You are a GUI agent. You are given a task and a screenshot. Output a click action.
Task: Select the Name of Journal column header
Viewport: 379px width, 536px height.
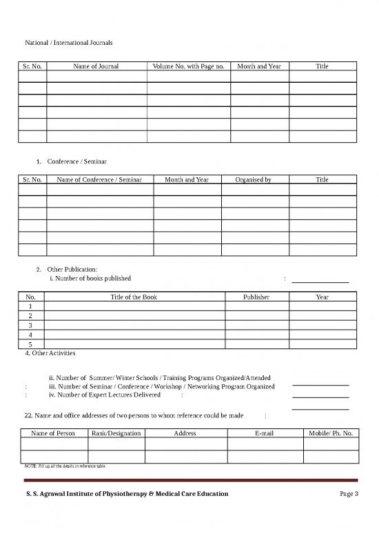tap(96, 66)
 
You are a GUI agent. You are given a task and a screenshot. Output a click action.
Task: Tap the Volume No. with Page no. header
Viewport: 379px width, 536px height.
tap(188, 66)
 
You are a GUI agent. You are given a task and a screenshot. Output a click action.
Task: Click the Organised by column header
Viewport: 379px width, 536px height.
tap(254, 179)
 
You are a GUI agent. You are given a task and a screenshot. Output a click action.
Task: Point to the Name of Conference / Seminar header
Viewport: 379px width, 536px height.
tap(99, 179)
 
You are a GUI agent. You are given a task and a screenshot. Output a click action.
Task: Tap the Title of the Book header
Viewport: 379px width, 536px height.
tap(134, 297)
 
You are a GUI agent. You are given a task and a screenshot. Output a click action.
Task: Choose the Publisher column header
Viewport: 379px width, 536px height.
tap(256, 297)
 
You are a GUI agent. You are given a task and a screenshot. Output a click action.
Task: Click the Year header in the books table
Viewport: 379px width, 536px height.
tap(322, 297)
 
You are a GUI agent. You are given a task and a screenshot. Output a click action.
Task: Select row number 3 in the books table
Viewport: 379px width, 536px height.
tap(30, 324)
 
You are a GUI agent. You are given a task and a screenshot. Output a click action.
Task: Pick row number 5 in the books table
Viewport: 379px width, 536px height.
tap(30, 344)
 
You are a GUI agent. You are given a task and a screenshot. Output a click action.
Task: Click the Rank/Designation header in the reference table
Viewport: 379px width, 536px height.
tap(116, 433)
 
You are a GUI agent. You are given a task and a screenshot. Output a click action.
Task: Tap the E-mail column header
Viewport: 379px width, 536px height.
tap(265, 433)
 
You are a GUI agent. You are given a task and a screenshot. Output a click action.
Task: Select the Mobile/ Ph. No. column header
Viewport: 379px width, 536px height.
tap(331, 433)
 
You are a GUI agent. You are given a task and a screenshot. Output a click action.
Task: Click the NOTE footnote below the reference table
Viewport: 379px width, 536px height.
tap(64, 466)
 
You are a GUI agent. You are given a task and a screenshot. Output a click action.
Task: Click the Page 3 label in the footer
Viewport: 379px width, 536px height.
tap(349, 495)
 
